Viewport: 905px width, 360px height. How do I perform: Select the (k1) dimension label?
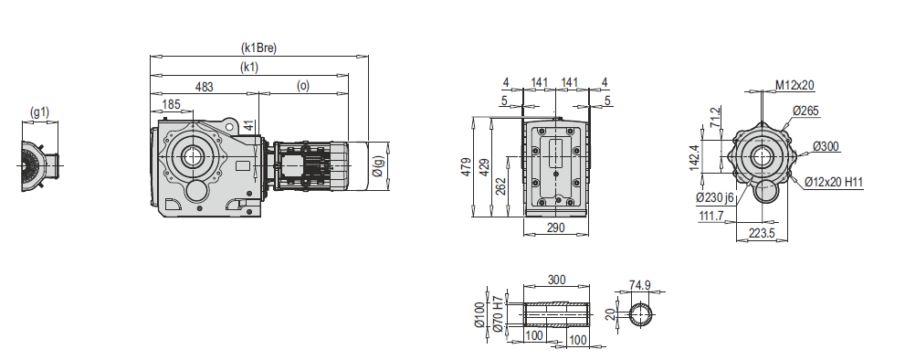(249, 68)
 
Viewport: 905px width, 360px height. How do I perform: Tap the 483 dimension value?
(205, 87)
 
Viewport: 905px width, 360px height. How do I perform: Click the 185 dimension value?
(171, 105)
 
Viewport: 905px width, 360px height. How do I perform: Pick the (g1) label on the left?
(39, 113)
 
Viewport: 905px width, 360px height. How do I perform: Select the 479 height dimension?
(466, 168)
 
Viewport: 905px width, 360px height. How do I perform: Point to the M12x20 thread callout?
(795, 85)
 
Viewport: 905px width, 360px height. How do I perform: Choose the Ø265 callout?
(805, 111)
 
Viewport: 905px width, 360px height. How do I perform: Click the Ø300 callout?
(826, 146)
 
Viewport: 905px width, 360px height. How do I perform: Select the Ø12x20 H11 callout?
(835, 183)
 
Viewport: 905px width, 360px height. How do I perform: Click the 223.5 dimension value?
(761, 234)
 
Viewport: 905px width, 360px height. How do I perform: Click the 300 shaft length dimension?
(556, 281)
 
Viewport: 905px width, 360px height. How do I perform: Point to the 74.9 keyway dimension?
(640, 286)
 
